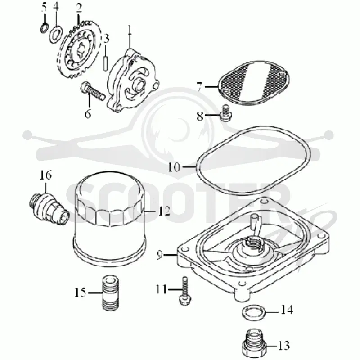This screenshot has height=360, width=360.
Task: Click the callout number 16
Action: pyautogui.click(x=46, y=175)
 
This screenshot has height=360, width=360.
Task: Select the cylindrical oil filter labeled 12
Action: pyautogui.click(x=110, y=219)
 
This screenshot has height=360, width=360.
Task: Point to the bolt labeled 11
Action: pyautogui.click(x=184, y=291)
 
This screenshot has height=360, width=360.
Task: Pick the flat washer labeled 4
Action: pyautogui.click(x=55, y=35)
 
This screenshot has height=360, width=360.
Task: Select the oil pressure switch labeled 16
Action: pyautogui.click(x=50, y=209)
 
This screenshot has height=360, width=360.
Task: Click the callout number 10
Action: pyautogui.click(x=174, y=167)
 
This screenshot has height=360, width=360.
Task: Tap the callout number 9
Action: pyautogui.click(x=160, y=255)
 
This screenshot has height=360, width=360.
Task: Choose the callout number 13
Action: pyautogui.click(x=284, y=345)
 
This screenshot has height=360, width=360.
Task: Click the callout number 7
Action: pyautogui.click(x=199, y=87)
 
